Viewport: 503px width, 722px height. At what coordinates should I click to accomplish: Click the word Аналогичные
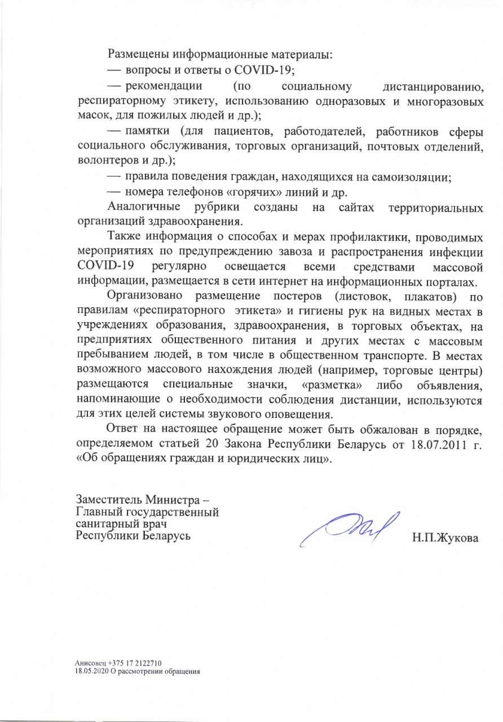point(144,207)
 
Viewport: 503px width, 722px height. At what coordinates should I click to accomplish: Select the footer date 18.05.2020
point(90,671)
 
